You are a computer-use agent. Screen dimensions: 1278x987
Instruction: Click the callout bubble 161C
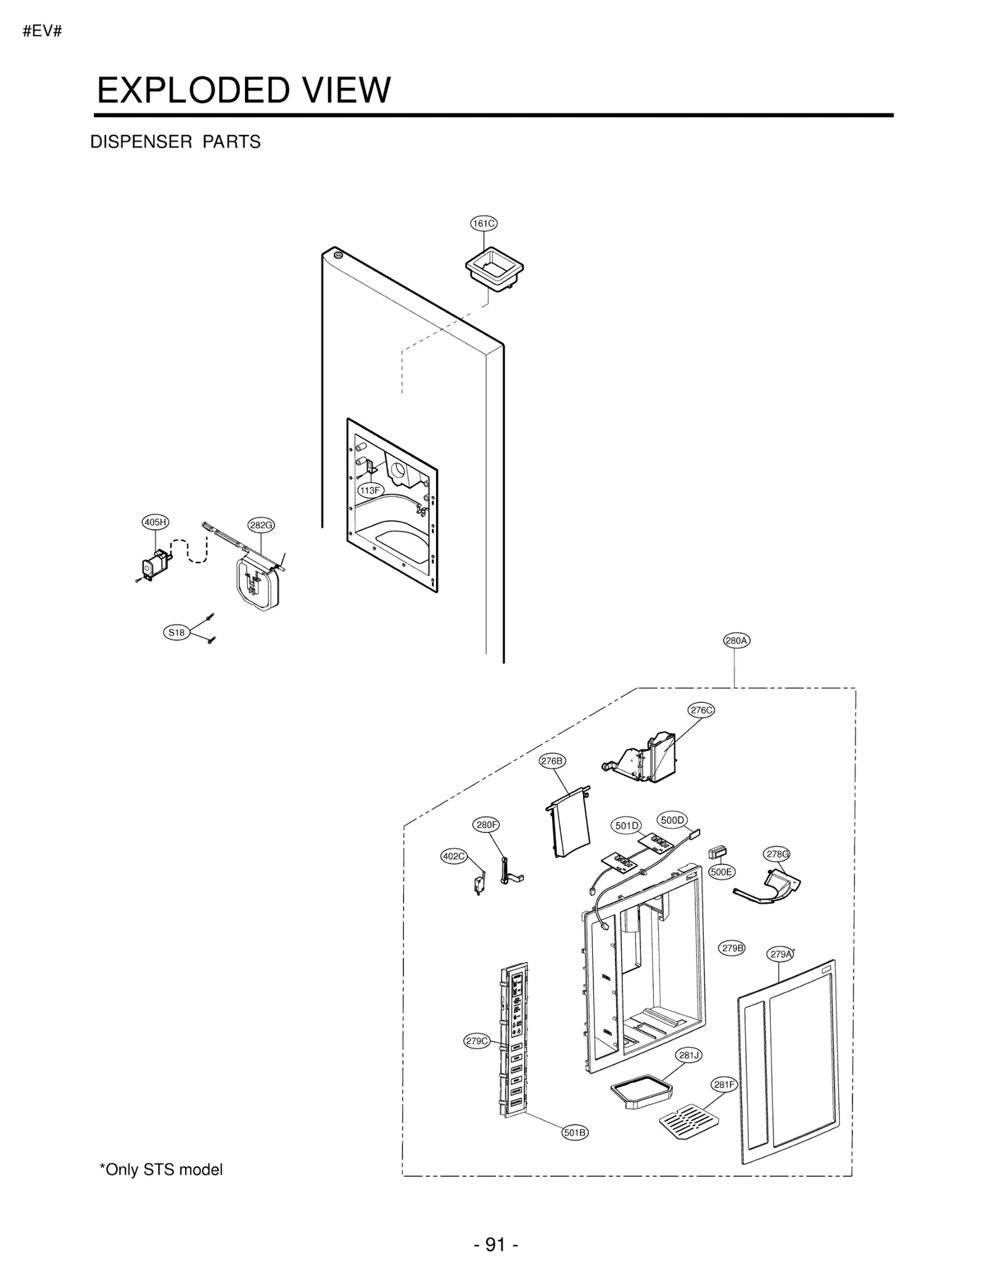point(483,223)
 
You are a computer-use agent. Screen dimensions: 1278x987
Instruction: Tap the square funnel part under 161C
point(494,267)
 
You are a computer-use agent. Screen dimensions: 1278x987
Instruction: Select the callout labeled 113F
point(370,491)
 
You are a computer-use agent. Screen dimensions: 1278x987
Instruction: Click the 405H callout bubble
point(155,522)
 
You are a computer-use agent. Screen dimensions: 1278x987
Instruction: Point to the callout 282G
point(261,525)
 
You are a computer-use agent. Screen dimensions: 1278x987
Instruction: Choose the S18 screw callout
point(176,633)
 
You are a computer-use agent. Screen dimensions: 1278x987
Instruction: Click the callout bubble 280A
point(737,641)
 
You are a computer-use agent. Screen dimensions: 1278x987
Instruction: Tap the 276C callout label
point(701,710)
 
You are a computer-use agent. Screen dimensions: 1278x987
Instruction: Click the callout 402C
point(454,856)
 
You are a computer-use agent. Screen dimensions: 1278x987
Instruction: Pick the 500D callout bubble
point(672,820)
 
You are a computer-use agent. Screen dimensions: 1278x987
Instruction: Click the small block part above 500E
point(717,852)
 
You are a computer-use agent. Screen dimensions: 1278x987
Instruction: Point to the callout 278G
point(777,854)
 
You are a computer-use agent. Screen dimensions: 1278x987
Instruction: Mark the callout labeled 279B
point(732,948)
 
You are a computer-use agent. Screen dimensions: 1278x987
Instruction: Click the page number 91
point(495,1245)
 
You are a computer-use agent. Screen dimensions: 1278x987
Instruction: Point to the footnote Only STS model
point(161,1169)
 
